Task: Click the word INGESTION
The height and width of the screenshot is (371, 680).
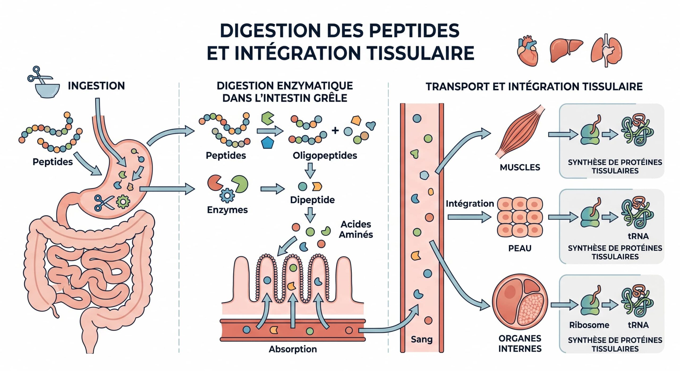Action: click(96, 86)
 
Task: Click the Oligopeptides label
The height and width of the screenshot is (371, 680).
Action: click(325, 155)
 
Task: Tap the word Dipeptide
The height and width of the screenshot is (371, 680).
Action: click(312, 200)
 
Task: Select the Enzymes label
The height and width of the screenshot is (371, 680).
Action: click(227, 210)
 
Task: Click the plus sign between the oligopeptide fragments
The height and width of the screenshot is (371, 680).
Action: click(335, 130)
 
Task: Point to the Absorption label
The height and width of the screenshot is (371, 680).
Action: click(293, 349)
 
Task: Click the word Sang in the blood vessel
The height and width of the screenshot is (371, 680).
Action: click(422, 339)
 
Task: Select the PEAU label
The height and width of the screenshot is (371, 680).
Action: click(520, 248)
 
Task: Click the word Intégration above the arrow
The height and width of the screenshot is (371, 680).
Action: click(470, 204)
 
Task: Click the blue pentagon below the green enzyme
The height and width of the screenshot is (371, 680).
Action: click(267, 143)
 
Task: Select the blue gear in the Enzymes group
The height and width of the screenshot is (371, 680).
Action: click(227, 195)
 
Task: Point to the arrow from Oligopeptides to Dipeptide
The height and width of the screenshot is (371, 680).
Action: click(310, 170)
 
